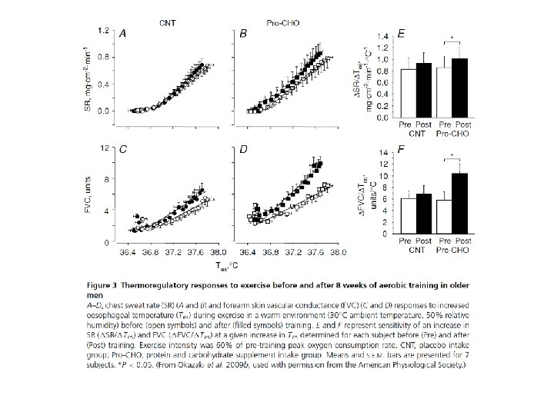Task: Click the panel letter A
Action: point(121,35)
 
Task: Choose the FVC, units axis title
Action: point(88,194)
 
